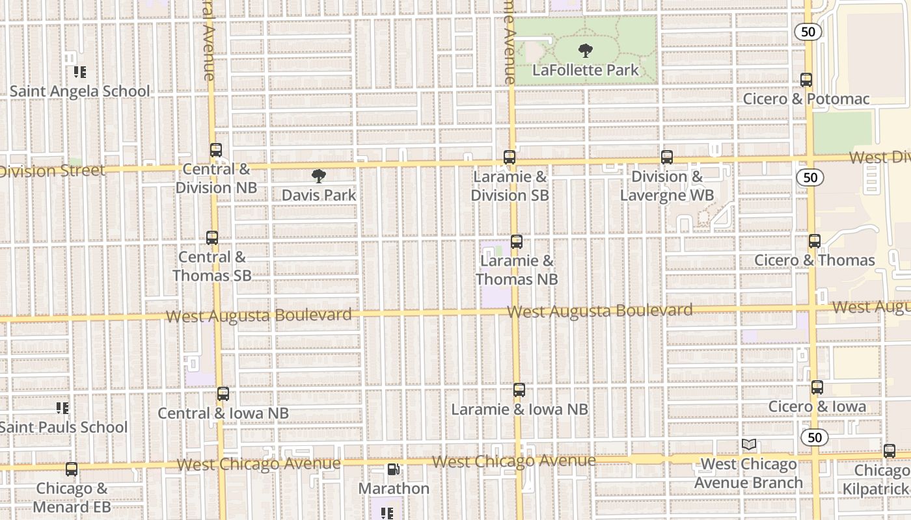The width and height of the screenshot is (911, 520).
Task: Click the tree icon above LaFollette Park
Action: coord(586,50)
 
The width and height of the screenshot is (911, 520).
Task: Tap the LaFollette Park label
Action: coord(586,70)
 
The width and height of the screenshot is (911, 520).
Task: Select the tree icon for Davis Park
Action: coord(318,175)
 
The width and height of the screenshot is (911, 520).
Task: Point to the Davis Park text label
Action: coord(319,195)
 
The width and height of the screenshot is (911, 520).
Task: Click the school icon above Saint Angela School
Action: coord(79,71)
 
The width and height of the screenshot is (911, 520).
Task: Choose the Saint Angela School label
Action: coord(79,91)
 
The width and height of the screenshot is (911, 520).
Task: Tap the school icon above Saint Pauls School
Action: coord(62,408)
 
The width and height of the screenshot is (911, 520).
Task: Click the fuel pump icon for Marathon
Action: coord(394,469)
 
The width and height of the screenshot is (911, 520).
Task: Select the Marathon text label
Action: coord(394,488)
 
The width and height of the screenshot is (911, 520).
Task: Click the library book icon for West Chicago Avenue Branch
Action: coord(749,445)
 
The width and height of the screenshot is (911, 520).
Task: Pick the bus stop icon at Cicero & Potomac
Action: coord(806,80)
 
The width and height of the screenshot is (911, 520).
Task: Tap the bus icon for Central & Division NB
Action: coord(216,150)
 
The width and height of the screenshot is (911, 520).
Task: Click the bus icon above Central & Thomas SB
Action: coord(212,238)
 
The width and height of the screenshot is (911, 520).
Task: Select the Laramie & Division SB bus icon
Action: coord(510,157)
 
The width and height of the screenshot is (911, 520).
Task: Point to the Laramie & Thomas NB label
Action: coord(517,270)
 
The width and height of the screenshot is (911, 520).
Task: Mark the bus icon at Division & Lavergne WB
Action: coord(667,157)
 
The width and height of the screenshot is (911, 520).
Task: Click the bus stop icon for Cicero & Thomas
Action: coord(815,241)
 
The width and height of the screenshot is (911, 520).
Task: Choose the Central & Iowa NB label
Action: coord(223,413)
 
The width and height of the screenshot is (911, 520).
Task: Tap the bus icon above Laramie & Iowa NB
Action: coord(519,390)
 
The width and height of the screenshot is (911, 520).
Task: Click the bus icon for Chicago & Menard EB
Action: coord(72,469)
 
